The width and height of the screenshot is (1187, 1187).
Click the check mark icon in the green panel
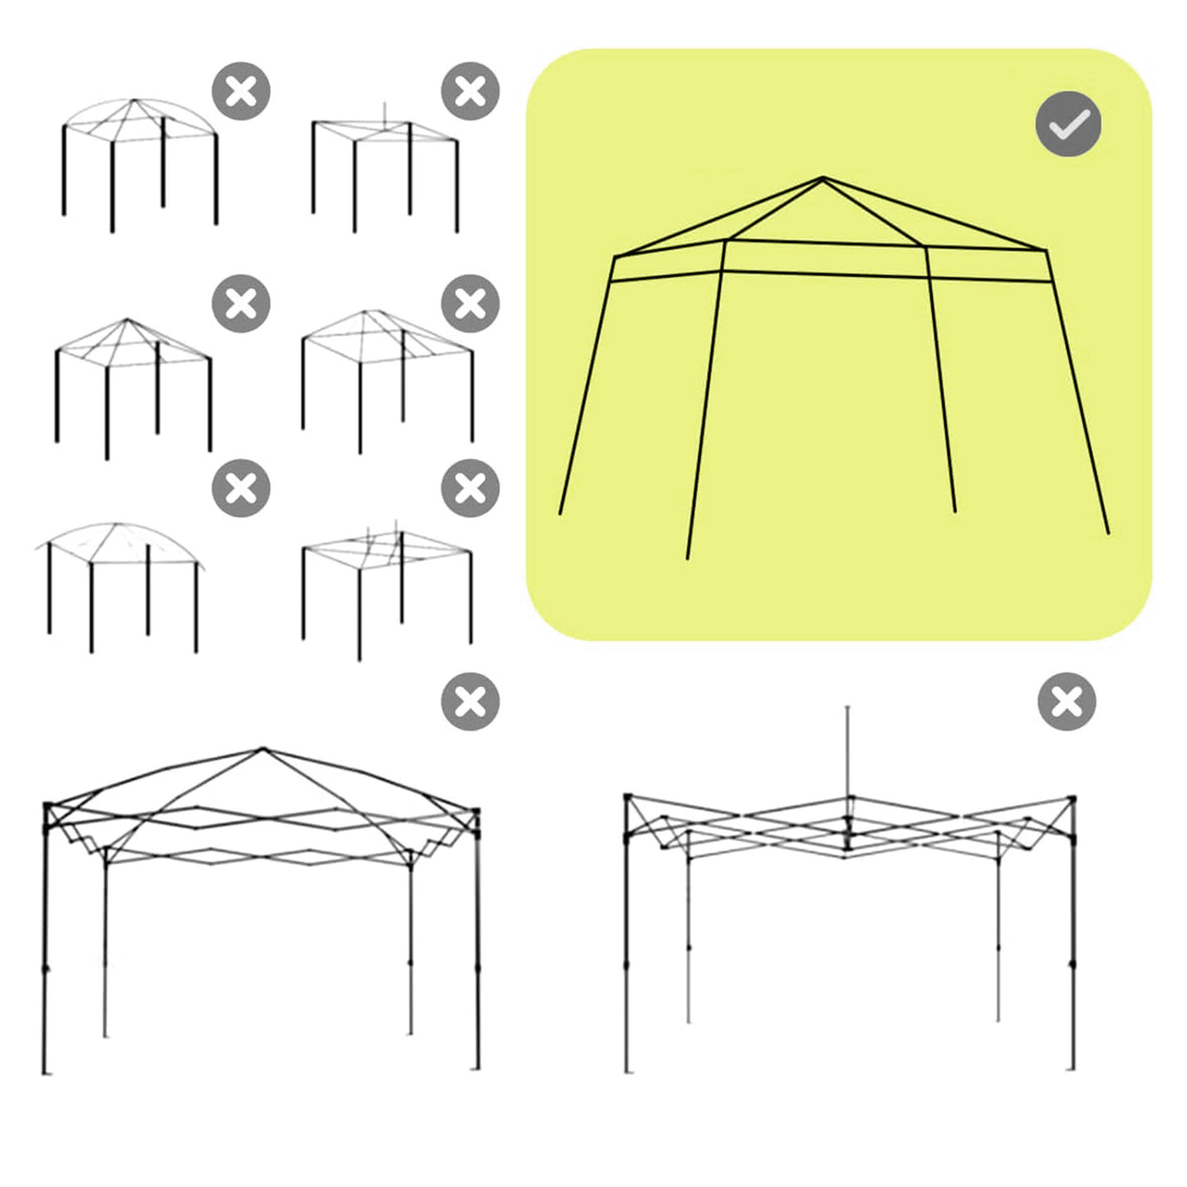pos(1068,124)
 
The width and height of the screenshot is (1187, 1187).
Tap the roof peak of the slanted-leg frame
pos(823,177)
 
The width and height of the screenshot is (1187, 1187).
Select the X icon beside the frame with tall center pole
pos(1066,702)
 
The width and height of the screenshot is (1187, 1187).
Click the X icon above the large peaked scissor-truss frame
pos(470,702)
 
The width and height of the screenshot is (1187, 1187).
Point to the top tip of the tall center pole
pos(848,707)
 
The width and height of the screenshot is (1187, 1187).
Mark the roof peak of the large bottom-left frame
pos(263,748)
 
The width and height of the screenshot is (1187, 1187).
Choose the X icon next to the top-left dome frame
pos(241,91)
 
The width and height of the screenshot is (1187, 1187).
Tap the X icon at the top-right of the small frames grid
pos(470,91)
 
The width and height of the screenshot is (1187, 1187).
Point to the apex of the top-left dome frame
pos(134,100)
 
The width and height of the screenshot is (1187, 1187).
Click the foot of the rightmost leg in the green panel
pos(1108,533)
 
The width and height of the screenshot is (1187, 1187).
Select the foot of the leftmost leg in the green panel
pos(560,514)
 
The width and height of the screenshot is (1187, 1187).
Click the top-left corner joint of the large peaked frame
pos(48,807)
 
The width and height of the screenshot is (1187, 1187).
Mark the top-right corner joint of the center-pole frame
pos(1071,798)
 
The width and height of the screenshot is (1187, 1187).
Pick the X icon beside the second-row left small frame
pos(241,304)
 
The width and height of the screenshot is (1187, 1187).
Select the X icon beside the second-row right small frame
pos(470,304)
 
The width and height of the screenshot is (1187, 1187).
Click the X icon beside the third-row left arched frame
pos(241,488)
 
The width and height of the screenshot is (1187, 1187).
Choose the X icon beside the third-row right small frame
pos(470,488)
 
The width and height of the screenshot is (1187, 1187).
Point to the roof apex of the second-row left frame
pos(127,320)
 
